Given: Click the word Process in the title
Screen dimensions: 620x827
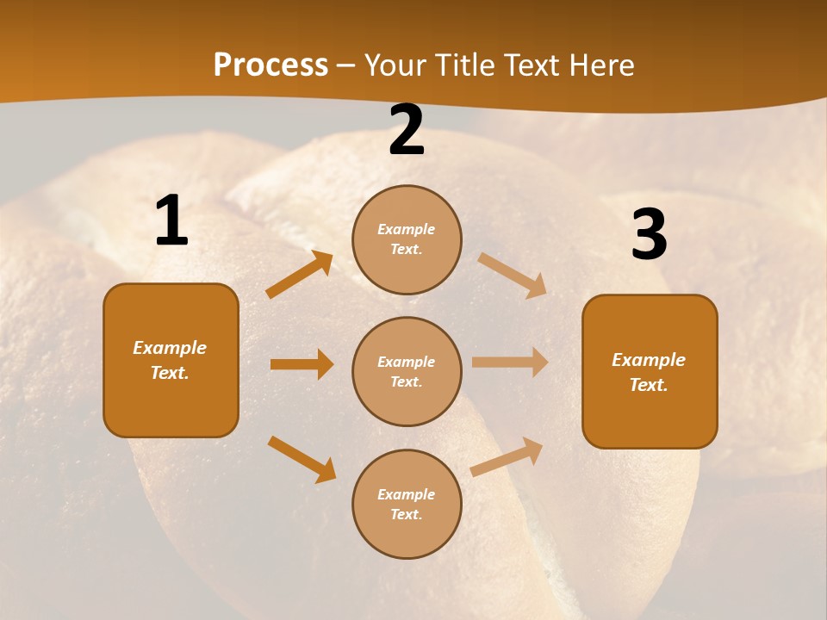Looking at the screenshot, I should (x=270, y=65).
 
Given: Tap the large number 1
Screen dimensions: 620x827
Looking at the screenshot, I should (x=171, y=221).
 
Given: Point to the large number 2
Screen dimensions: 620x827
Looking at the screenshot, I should (x=407, y=131).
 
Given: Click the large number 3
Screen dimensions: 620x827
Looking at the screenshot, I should (x=649, y=235).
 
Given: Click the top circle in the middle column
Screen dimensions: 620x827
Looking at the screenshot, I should (x=407, y=239).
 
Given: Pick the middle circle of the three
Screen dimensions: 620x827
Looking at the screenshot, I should (x=407, y=371).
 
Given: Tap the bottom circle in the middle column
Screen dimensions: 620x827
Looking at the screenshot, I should (x=407, y=504).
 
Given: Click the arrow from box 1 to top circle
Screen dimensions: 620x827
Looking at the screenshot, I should (x=299, y=275).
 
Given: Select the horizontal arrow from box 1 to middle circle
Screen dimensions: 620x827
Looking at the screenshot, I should (x=302, y=364).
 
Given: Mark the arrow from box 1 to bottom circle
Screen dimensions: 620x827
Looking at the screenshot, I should (x=302, y=459).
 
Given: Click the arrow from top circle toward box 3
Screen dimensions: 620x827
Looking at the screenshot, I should (x=513, y=275).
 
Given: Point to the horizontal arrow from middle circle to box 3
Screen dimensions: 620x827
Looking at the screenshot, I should (x=510, y=362).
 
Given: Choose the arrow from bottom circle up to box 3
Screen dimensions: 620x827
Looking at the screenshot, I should (x=507, y=456).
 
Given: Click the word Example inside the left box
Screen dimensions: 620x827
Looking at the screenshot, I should (x=170, y=348).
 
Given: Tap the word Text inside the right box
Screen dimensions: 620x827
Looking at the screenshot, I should (x=648, y=385).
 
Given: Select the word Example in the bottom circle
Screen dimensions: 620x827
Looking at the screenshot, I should (x=407, y=494).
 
